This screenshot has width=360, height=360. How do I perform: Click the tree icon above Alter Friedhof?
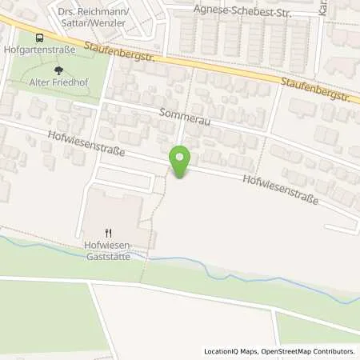coord(57,70)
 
